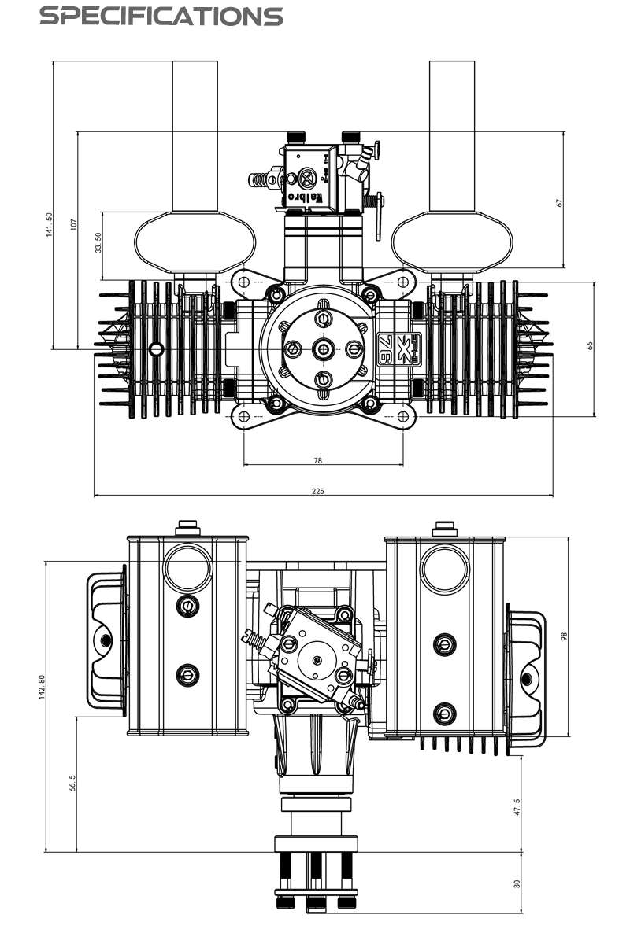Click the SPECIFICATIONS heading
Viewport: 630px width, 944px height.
coord(161,17)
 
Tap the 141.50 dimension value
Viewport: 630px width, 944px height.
coord(48,225)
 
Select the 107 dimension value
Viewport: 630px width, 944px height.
coord(73,224)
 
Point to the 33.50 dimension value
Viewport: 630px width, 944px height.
coord(98,243)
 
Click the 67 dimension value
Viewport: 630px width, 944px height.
coord(560,201)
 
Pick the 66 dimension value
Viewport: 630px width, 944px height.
coord(590,346)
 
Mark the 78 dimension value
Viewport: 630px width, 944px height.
coord(317,461)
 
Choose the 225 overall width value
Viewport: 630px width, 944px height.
coord(317,491)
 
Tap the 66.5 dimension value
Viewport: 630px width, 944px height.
coord(72,784)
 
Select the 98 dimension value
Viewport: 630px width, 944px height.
coord(564,636)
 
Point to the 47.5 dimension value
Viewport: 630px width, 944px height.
coord(517,808)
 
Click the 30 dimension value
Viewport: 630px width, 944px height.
coord(517,883)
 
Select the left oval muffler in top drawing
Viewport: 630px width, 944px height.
coord(195,241)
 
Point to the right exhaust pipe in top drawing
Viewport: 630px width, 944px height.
coord(452,134)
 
